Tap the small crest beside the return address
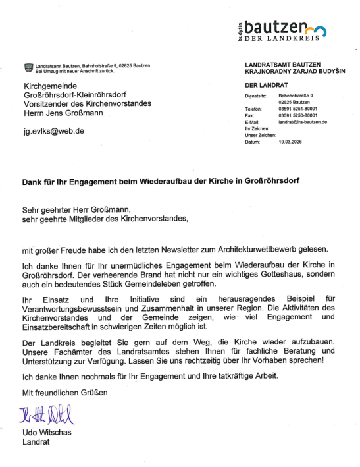click(28, 67)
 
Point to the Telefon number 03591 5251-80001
click(298, 109)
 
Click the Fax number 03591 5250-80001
click(298, 115)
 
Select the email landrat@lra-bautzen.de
click(303, 122)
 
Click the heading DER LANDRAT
click(262, 86)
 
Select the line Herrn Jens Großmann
click(59, 112)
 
